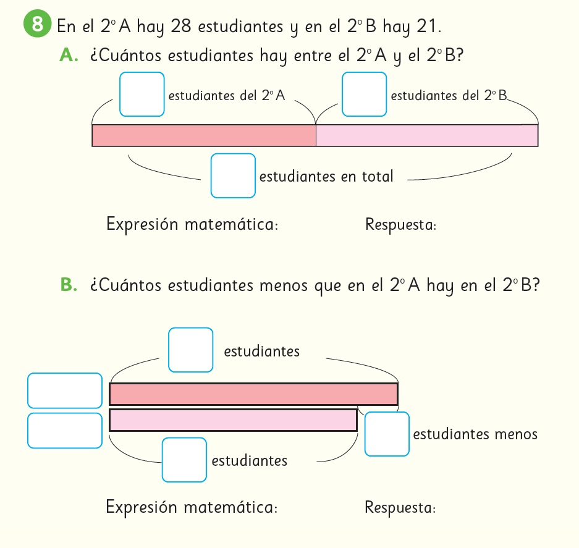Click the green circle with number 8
(x=37, y=25)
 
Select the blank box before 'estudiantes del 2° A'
(x=142, y=94)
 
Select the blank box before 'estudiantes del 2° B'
(x=364, y=94)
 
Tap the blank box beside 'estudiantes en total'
(x=233, y=175)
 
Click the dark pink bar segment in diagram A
(x=204, y=135)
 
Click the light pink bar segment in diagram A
(x=426, y=135)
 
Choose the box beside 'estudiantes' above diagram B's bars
(x=191, y=350)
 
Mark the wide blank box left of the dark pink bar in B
(x=65, y=390)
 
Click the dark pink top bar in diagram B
(x=253, y=394)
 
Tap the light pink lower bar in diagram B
(x=233, y=420)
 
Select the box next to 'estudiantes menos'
(x=387, y=434)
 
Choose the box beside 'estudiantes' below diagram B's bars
(x=184, y=460)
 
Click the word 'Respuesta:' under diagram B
(x=400, y=508)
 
